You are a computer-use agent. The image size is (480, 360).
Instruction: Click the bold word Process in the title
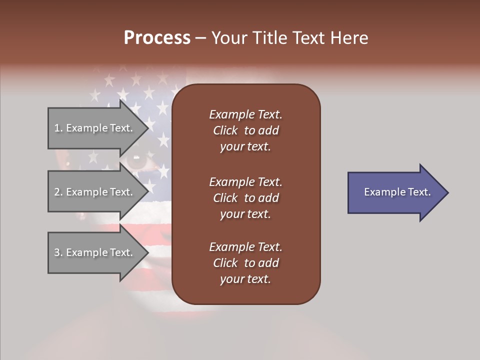157,38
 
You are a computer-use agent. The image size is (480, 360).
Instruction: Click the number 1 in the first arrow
57,128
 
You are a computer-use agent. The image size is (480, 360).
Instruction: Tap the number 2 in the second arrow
57,192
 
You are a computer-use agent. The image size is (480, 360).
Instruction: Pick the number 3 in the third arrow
57,252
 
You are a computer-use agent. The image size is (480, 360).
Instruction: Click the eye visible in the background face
135,160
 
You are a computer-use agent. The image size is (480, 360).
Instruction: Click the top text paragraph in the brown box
245,130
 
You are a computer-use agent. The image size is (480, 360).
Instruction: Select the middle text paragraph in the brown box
245,197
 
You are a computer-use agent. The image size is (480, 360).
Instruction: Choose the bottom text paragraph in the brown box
245,263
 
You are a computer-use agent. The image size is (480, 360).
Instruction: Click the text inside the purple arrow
397,192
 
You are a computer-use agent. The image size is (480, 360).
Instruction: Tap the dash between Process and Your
200,38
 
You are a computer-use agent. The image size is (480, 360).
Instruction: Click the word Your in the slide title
227,38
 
